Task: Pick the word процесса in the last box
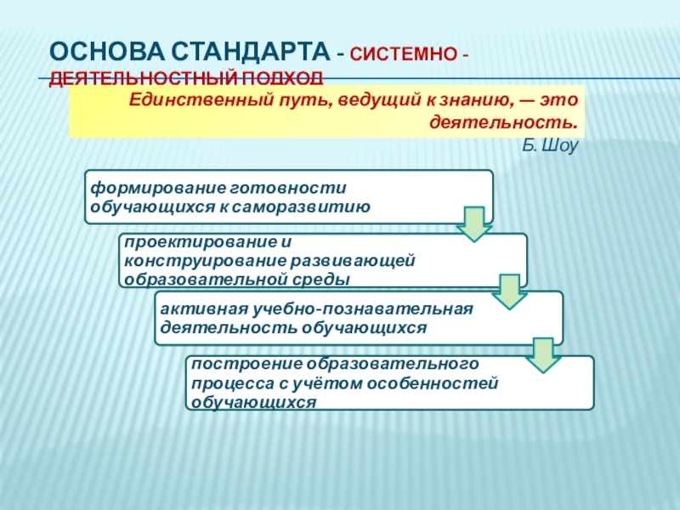point(224,382)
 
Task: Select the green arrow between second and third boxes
point(508,291)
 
